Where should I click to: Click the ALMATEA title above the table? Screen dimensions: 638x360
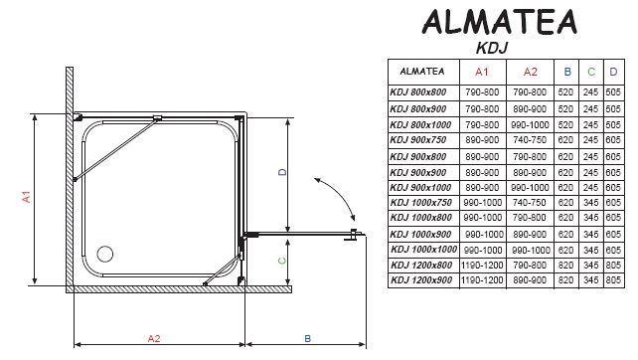[500, 22]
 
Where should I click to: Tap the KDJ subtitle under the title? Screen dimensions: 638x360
[492, 48]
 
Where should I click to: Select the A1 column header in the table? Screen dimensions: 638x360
[482, 72]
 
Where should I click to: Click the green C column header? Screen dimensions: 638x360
[591, 72]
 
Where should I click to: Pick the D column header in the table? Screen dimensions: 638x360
[613, 72]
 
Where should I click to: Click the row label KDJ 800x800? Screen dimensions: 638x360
[417, 92]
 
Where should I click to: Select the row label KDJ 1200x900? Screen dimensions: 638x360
[421, 280]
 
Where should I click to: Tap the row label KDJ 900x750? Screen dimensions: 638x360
[417, 140]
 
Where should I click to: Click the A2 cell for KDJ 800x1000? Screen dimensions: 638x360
[530, 125]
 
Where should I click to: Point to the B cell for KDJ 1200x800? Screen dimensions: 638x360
[565, 266]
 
